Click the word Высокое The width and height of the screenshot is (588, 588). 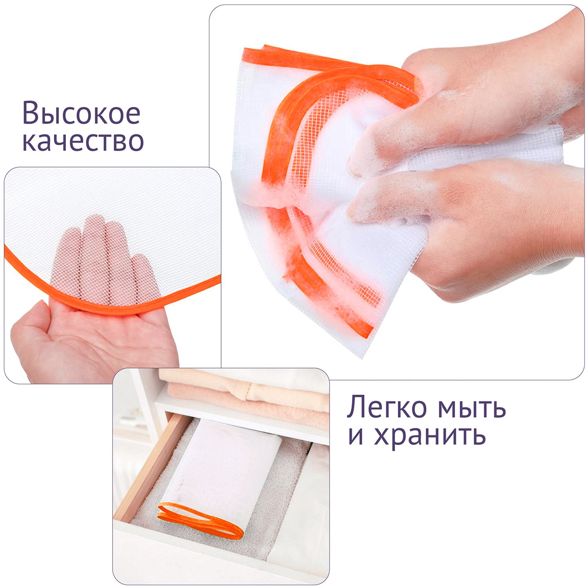[81, 113]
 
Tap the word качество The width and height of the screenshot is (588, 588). [83, 141]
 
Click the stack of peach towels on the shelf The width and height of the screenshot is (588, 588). [247, 396]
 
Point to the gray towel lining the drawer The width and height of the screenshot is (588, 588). [220, 490]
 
